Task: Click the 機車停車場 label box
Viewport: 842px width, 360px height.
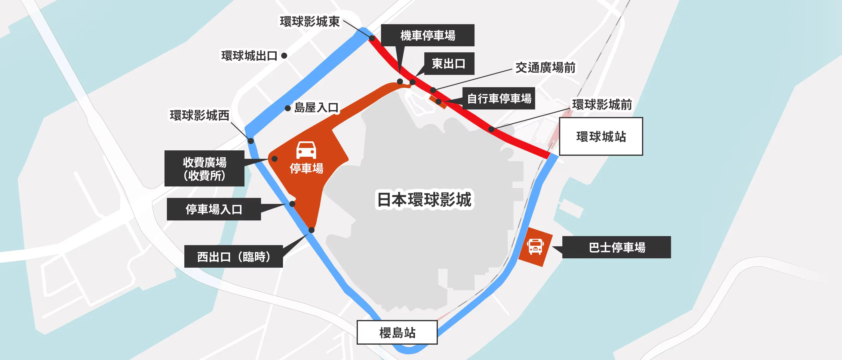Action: (428, 35)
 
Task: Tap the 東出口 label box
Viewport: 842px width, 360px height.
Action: (449, 63)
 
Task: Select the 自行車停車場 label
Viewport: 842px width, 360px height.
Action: (499, 98)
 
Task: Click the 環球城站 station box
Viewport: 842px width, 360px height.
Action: (601, 136)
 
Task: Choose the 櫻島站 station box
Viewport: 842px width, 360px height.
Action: (397, 332)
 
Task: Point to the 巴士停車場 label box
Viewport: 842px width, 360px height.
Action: (616, 247)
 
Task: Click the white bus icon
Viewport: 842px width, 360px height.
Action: (535, 247)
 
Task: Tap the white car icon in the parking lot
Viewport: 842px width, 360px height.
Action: (306, 150)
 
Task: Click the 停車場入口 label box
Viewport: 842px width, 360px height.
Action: (214, 209)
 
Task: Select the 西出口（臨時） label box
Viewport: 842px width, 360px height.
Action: (233, 257)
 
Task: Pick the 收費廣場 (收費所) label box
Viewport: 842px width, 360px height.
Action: (204, 168)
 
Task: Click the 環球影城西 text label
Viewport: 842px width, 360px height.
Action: (199, 115)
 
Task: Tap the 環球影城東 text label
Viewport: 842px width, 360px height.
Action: (309, 22)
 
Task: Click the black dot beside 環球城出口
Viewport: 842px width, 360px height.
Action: (284, 56)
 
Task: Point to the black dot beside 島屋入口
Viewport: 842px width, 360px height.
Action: (288, 108)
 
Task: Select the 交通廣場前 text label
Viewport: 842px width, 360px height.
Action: (545, 68)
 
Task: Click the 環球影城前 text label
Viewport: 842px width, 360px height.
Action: (602, 105)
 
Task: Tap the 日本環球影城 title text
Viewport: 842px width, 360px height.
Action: (424, 199)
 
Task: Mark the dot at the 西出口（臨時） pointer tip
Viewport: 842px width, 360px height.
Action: (312, 230)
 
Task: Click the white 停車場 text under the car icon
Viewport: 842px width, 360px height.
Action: (306, 168)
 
